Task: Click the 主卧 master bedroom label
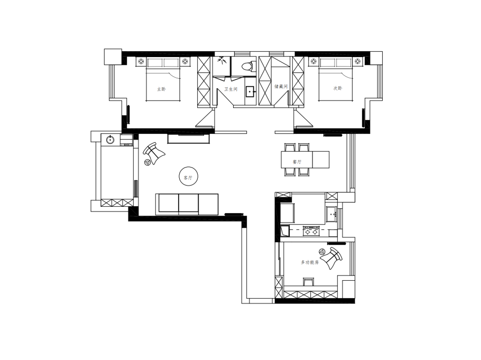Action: tap(161, 89)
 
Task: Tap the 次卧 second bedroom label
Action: tap(338, 88)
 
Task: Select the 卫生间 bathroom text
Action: tap(231, 89)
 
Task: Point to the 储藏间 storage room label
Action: tap(281, 86)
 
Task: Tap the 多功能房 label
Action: tap(310, 262)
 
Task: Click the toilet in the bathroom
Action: tap(245, 67)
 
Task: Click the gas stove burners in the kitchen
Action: tap(311, 230)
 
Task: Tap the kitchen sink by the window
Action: tap(331, 214)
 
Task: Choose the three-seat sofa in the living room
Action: tap(187, 204)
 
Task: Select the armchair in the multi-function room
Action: tap(332, 257)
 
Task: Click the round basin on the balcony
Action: tap(110, 140)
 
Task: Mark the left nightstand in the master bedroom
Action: tap(141, 62)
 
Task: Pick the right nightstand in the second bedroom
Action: tap(359, 62)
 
